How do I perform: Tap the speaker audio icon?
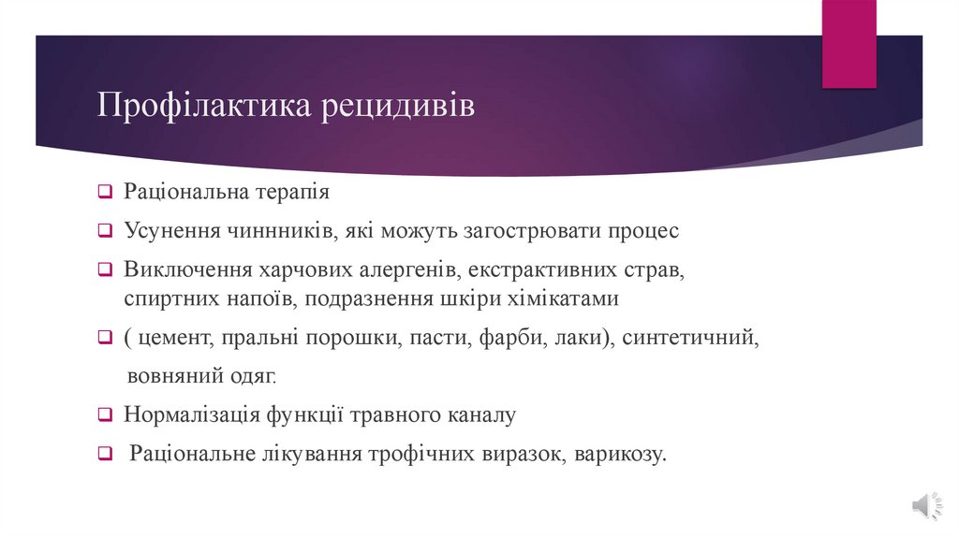(x=922, y=505)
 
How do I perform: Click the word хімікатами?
(x=566, y=299)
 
